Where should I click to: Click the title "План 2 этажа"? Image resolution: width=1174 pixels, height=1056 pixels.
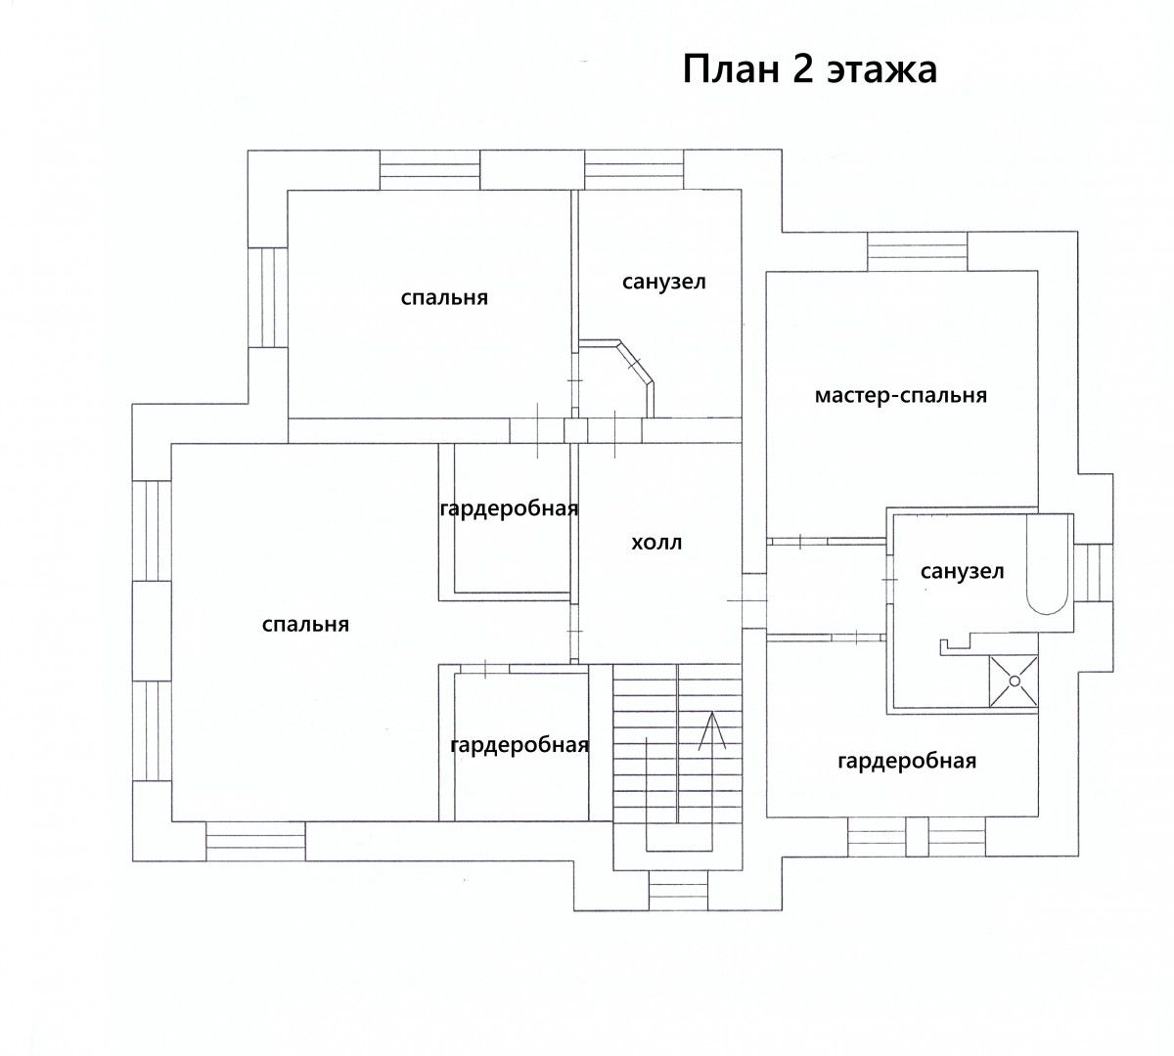(810, 70)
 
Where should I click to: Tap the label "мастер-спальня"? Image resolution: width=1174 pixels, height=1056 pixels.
(901, 396)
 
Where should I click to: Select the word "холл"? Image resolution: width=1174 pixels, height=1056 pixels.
(656, 543)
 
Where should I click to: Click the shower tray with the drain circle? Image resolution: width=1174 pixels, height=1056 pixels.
(1014, 681)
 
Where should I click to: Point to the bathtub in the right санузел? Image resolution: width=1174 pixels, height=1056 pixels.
(1048, 564)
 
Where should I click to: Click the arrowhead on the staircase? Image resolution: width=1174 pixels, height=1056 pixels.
(712, 730)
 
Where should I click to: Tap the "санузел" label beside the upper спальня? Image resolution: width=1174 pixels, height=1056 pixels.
(663, 282)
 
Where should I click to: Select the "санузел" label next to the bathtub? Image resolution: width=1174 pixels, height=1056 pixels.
(962, 571)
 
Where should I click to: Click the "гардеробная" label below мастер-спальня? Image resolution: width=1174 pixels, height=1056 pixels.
(907, 761)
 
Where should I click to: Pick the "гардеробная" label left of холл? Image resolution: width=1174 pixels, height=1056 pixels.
(509, 509)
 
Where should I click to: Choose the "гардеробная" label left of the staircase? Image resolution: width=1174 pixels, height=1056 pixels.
(519, 745)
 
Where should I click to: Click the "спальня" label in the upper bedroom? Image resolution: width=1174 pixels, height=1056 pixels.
(444, 298)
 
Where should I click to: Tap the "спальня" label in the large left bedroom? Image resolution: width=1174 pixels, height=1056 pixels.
(305, 625)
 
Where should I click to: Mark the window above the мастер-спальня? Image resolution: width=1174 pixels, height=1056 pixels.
(917, 251)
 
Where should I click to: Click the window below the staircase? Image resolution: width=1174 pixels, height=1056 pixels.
(678, 890)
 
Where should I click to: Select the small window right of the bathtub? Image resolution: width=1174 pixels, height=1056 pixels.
(1093, 572)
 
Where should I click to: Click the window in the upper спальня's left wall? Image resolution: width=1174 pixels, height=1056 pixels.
(267, 297)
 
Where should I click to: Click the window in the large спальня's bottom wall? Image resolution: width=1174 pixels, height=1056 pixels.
(255, 841)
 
